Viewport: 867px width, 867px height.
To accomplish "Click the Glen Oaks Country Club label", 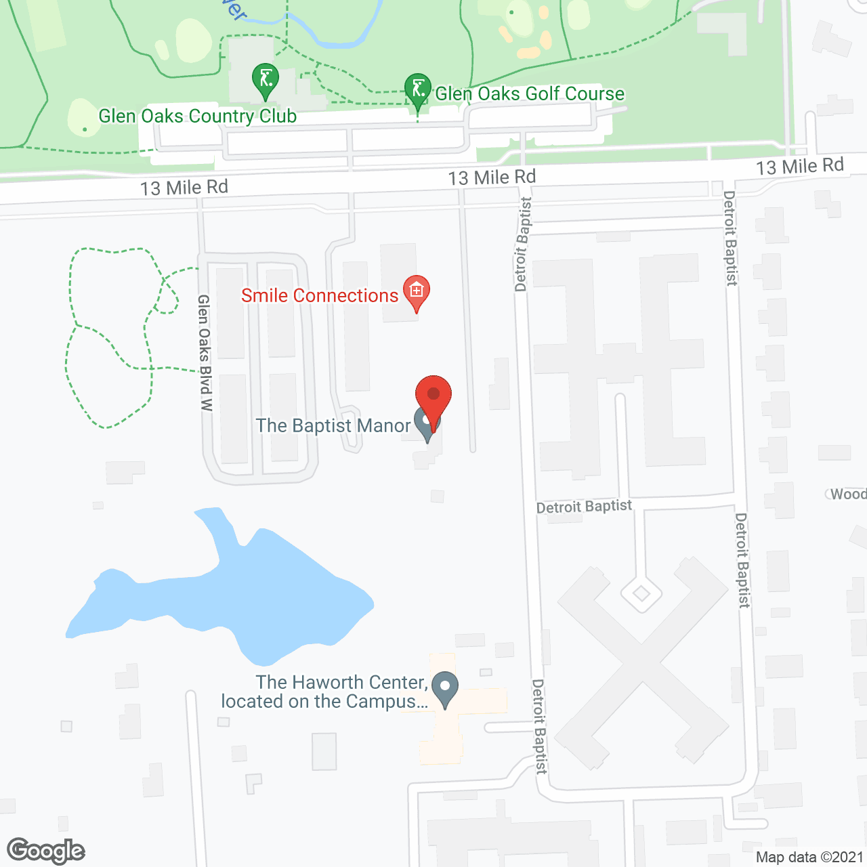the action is click(x=197, y=117).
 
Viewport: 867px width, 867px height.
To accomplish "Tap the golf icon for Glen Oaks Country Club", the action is click(x=266, y=79).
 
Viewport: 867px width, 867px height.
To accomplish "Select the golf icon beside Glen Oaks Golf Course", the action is click(x=418, y=90).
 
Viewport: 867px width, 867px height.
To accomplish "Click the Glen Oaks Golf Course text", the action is click(x=530, y=93).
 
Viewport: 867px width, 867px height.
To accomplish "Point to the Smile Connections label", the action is click(x=320, y=296).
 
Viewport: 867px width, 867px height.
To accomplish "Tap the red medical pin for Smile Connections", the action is click(x=417, y=292).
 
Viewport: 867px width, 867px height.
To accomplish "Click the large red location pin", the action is click(x=433, y=397).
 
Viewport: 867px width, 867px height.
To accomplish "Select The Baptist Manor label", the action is click(x=333, y=425).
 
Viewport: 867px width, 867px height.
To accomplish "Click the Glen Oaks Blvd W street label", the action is click(x=205, y=352).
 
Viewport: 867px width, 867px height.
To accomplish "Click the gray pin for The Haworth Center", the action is click(x=445, y=688).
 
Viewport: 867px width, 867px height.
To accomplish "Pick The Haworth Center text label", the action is click(x=325, y=692).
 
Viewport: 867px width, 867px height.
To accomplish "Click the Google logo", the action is click(x=46, y=851).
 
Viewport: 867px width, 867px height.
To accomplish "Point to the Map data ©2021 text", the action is click(x=809, y=858).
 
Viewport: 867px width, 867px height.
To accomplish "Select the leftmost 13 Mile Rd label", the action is click(x=184, y=187).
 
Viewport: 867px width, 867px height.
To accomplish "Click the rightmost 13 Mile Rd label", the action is click(x=800, y=166).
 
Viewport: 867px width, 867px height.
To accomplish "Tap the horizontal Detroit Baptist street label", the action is click(x=584, y=507).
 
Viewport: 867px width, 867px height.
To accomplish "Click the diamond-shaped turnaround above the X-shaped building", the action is click(x=641, y=594).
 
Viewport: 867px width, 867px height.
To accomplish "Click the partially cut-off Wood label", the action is click(x=847, y=494).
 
